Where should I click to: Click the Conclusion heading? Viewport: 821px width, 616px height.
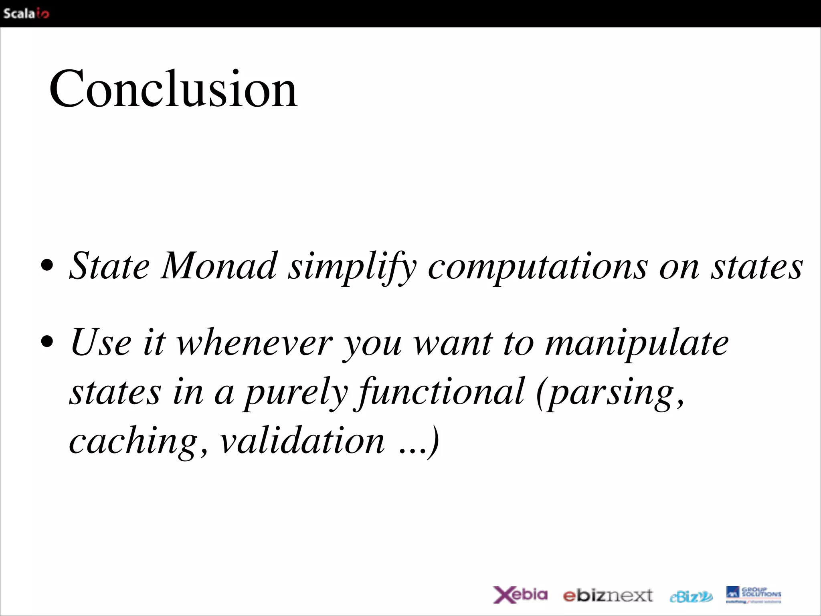pos(173,89)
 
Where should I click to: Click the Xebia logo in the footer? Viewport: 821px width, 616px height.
pos(520,594)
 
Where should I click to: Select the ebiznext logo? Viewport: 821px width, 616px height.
pos(608,596)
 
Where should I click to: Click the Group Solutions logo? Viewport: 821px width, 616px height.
pos(753,594)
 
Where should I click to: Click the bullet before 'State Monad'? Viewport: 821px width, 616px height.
pos(47,265)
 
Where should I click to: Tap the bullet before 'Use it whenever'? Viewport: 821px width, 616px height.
pos(47,342)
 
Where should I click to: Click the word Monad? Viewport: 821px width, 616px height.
pos(219,266)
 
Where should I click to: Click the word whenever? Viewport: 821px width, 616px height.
pos(255,343)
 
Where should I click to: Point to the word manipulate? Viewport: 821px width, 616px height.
pos(637,344)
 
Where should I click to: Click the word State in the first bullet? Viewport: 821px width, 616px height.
pos(109,266)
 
